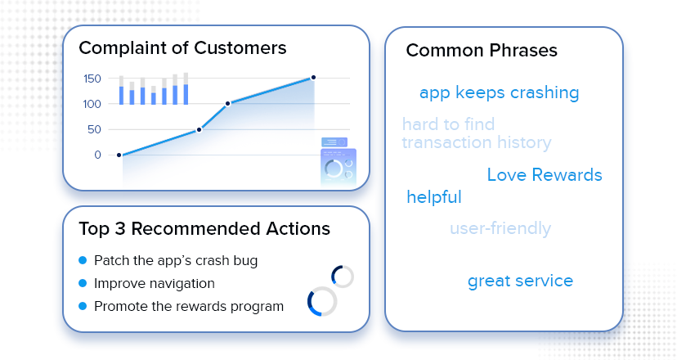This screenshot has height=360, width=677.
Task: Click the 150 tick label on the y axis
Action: point(92,79)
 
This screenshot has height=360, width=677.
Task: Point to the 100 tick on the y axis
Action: point(92,104)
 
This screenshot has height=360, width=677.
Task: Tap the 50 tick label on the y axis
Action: point(94,129)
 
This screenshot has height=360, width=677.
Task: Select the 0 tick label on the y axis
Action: point(97,155)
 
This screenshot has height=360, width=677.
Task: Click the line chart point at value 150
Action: point(313,78)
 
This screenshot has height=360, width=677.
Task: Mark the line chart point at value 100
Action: point(228,104)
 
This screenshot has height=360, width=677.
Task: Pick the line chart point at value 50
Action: point(199,129)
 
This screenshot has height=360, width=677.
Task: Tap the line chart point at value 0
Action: point(119,155)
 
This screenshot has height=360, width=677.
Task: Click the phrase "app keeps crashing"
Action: point(499,93)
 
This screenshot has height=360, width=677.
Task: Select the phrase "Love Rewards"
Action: point(545,175)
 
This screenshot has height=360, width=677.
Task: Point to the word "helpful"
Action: point(434,197)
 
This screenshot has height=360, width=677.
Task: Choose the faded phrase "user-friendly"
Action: point(500,228)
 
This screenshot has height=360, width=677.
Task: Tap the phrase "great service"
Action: point(520,281)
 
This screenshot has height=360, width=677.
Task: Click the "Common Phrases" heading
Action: point(482,51)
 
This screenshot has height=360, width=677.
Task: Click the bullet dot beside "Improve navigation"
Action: point(83,283)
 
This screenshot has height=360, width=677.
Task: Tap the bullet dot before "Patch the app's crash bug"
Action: point(83,260)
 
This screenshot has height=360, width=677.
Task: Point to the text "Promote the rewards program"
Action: point(189,307)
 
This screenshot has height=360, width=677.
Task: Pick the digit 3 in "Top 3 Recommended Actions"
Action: point(120,229)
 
